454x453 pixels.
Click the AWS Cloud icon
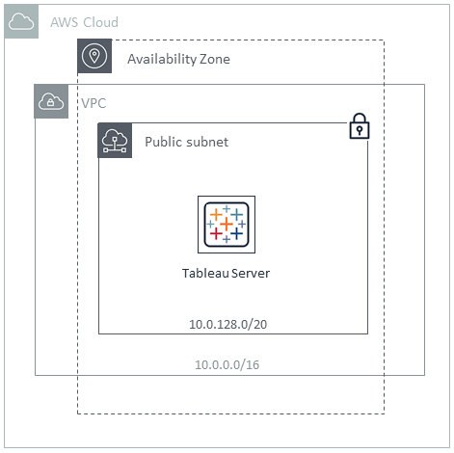click(21, 21)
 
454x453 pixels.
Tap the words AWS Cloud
click(85, 22)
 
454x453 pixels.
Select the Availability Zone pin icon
click(94, 56)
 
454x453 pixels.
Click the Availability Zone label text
click(178, 59)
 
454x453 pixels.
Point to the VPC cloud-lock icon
click(51, 101)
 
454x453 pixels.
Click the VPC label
click(93, 103)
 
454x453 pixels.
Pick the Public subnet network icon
click(115, 141)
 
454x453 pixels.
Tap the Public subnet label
click(186, 142)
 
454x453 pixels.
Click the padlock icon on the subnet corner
click(360, 126)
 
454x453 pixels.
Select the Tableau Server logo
click(227, 225)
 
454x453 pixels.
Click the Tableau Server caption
click(226, 273)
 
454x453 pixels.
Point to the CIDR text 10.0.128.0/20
click(227, 324)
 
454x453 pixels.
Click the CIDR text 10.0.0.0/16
click(227, 364)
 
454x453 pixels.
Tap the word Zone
click(215, 59)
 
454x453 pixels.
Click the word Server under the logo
click(251, 273)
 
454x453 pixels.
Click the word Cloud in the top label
click(101, 22)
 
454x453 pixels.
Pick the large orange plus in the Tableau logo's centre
click(227, 224)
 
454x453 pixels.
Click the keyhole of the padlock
click(360, 130)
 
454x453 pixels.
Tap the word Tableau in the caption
click(205, 273)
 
